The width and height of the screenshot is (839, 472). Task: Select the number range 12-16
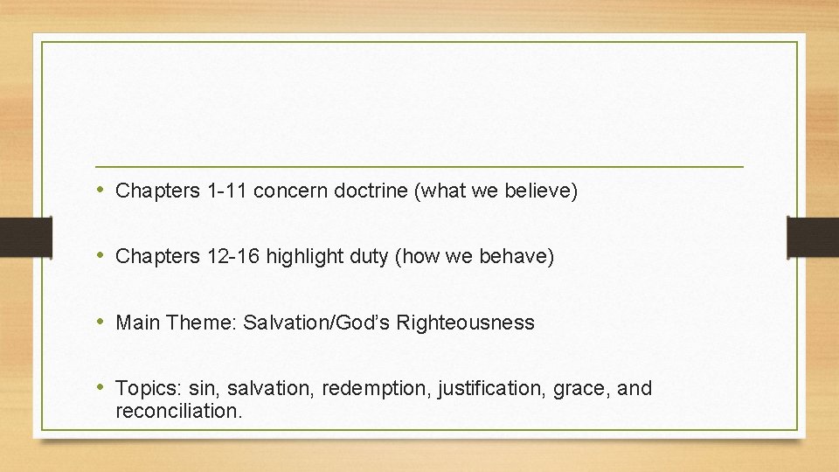(x=232, y=256)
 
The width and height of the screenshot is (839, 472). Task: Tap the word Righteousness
(x=465, y=323)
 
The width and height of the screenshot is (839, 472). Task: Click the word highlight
(x=306, y=256)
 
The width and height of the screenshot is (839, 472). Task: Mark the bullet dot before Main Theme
(x=103, y=322)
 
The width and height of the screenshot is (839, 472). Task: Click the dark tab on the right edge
(x=812, y=237)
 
